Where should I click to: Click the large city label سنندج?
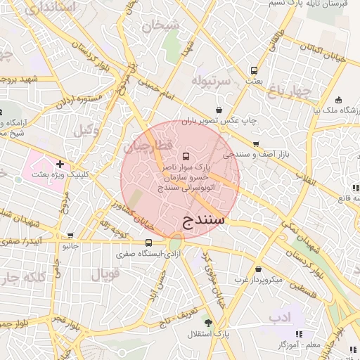[203, 219]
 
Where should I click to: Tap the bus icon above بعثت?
[254, 70]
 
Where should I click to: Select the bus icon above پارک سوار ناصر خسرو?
[186, 156]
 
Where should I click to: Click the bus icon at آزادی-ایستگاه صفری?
[148, 243]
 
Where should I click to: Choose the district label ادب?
[280, 317]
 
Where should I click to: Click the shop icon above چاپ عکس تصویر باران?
[219, 110]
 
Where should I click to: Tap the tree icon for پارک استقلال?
[207, 321]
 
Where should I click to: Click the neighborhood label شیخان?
[161, 25]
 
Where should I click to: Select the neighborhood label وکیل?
[86, 129]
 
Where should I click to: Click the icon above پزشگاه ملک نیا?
[338, 99]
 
